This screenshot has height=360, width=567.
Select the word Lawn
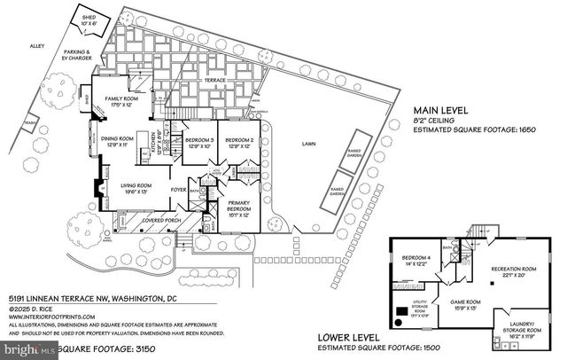tap(308, 144)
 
